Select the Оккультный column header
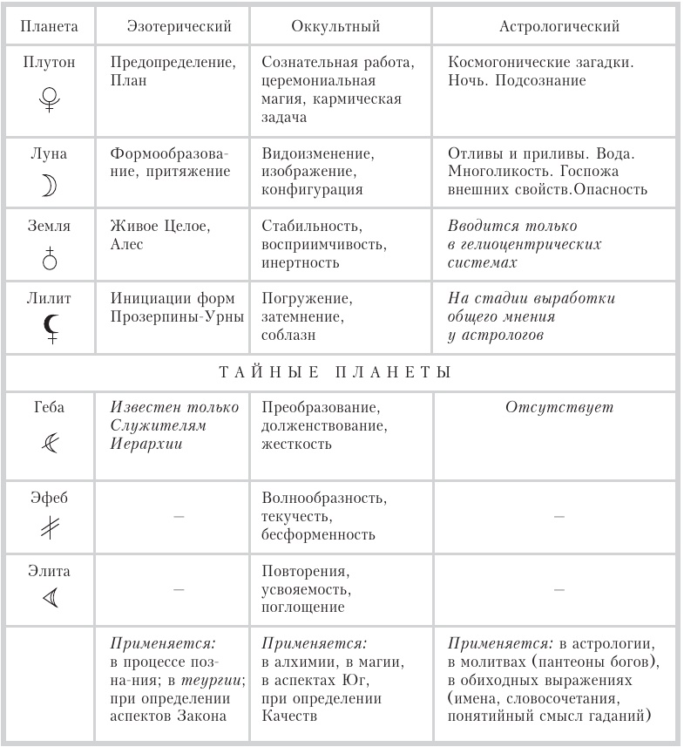click(335, 27)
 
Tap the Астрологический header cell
click(559, 27)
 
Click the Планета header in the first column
click(49, 27)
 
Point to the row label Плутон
click(49, 64)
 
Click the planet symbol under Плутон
click(49, 100)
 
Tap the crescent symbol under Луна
click(49, 187)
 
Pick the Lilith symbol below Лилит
click(50, 329)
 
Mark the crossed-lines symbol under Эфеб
click(49, 531)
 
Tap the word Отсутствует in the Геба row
click(559, 408)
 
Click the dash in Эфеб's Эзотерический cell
click(179, 517)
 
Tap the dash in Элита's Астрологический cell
click(559, 590)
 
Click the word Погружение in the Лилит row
click(306, 299)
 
